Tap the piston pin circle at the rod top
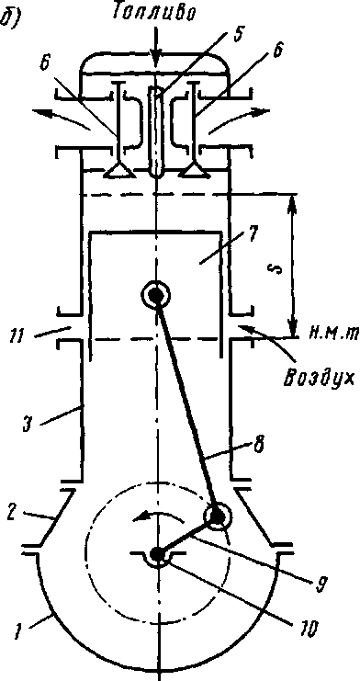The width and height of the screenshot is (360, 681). point(155,295)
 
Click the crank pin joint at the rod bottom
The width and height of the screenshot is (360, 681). point(216,516)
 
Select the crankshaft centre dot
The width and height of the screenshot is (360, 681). point(156,554)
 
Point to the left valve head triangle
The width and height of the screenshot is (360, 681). point(117,172)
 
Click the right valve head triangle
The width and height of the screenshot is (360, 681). point(193,172)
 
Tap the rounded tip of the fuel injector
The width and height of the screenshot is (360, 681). point(156,173)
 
